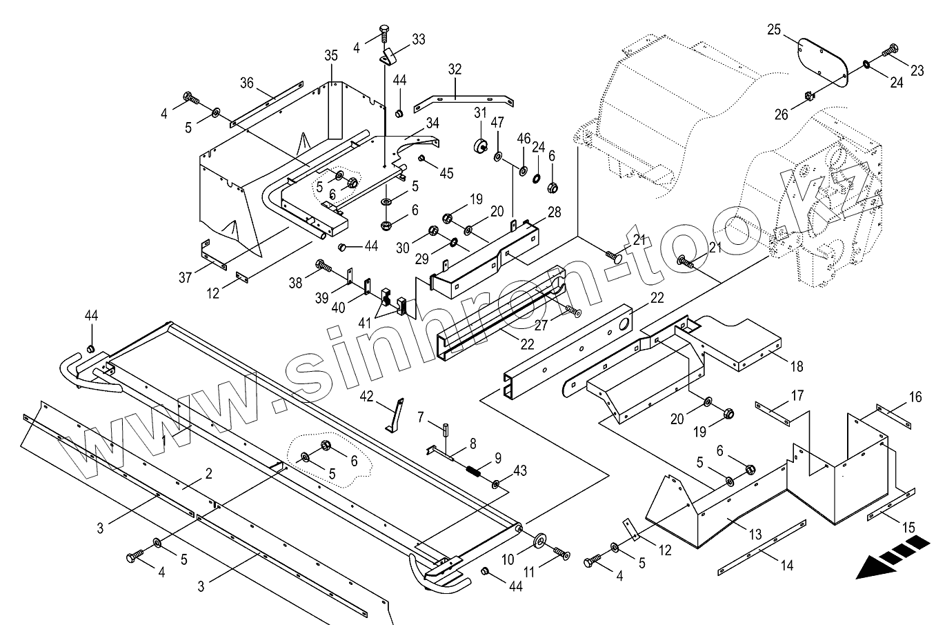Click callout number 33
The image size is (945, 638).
(x=419, y=40)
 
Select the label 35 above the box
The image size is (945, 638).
(x=331, y=55)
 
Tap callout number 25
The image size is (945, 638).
(x=774, y=30)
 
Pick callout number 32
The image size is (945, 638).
(x=455, y=69)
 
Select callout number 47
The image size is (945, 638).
(x=497, y=123)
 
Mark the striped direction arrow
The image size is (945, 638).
(x=890, y=555)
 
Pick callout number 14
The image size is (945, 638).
(x=786, y=566)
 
